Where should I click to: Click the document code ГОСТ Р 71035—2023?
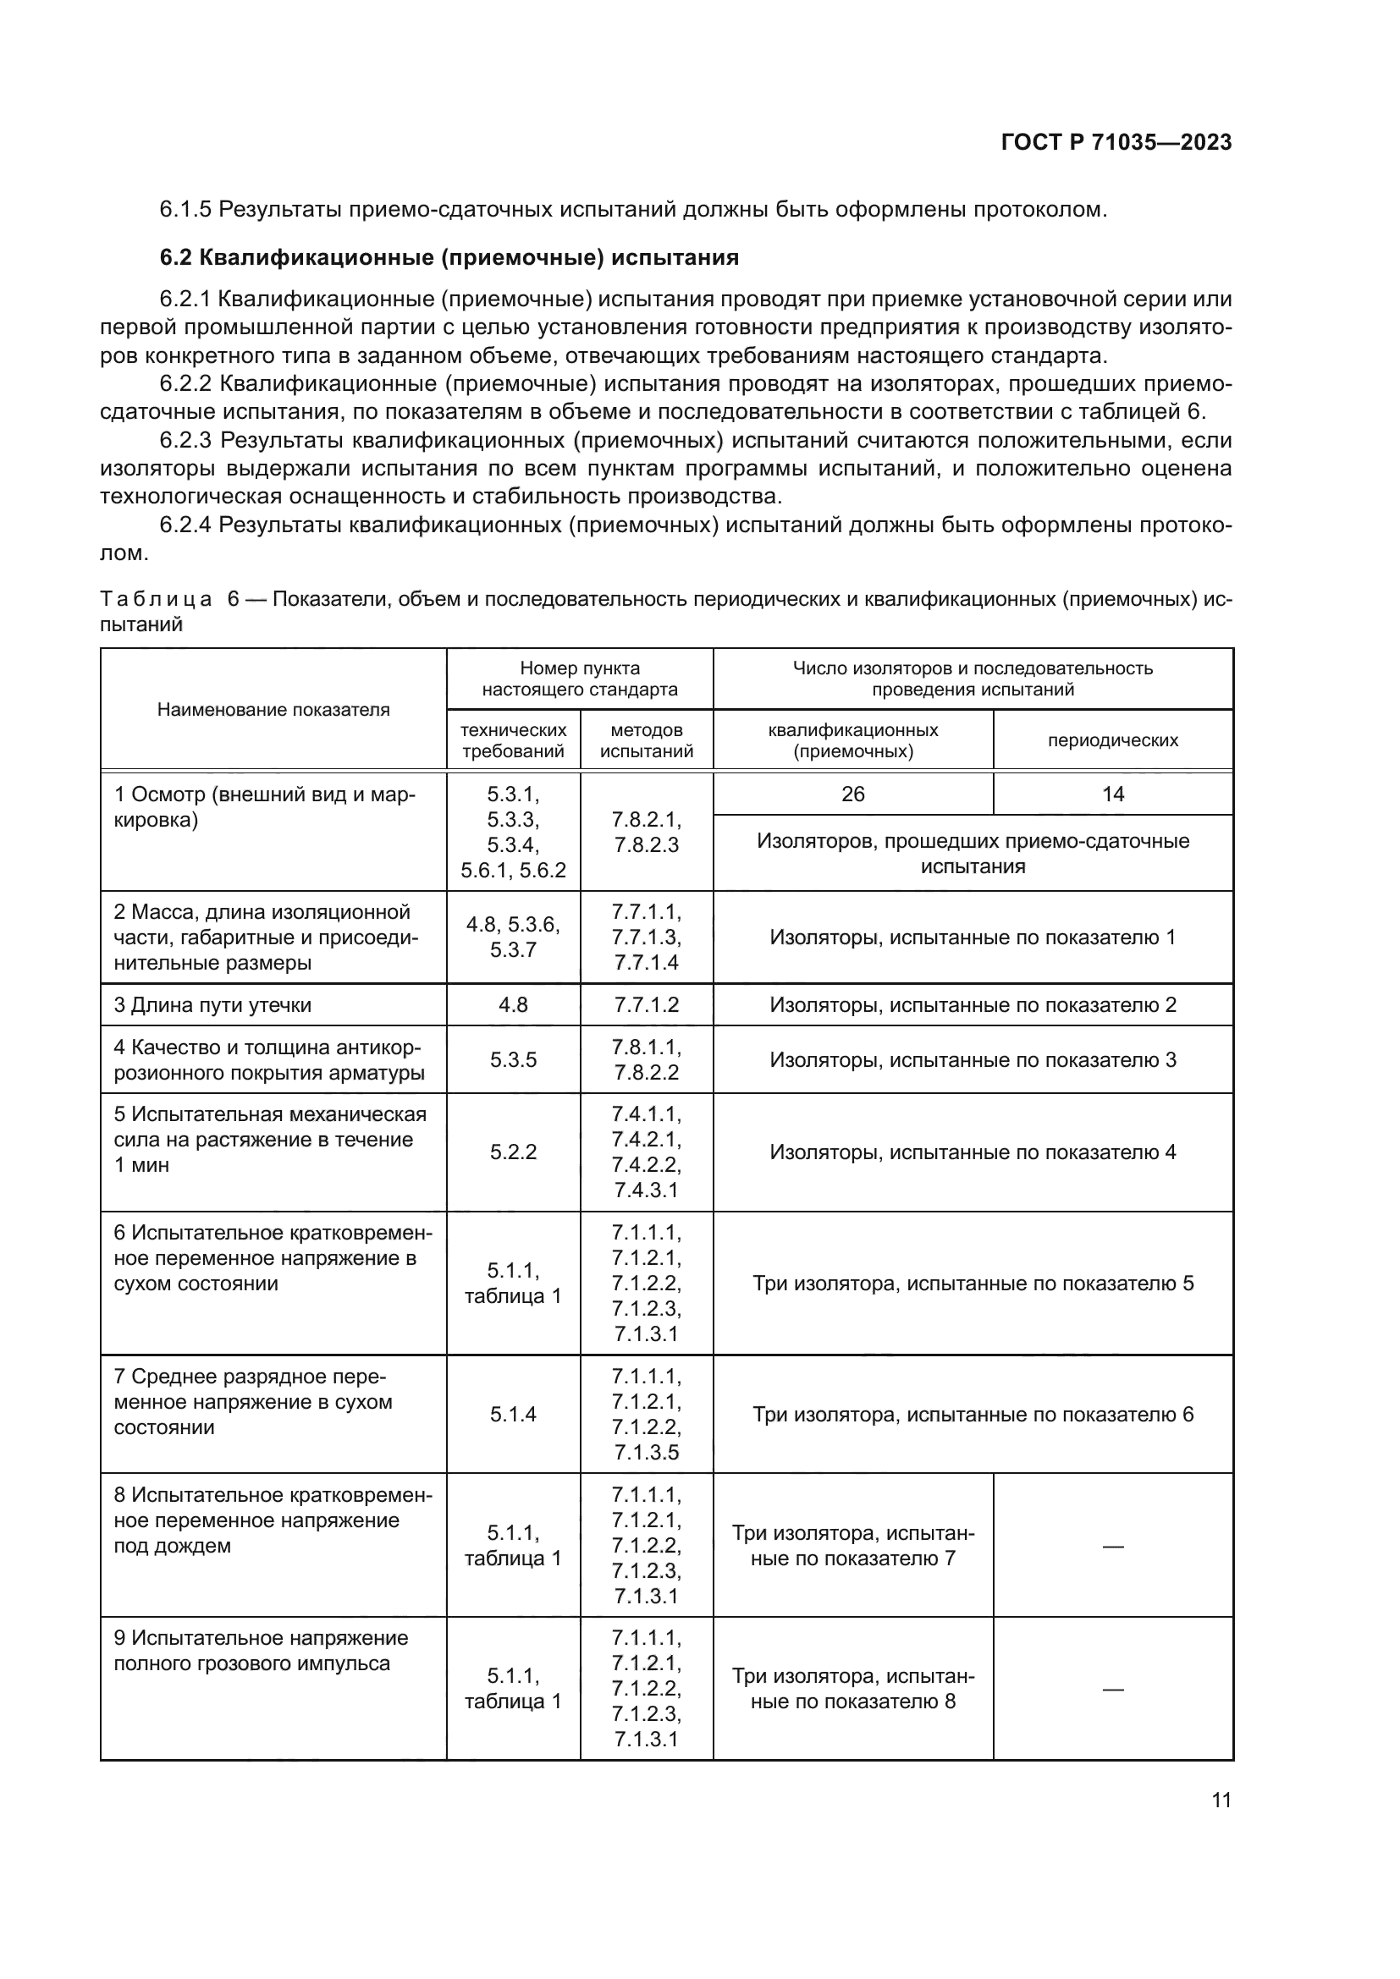[x=1116, y=143]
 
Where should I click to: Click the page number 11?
[x=1221, y=1800]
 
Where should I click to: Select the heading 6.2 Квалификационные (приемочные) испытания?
[x=449, y=258]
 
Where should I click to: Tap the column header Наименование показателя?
[x=273, y=709]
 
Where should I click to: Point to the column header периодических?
[x=1112, y=740]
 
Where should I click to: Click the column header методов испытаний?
[x=647, y=740]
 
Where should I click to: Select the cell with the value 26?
[x=852, y=794]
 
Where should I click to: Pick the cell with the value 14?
[x=1112, y=794]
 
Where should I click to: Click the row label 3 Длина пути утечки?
[x=213, y=1005]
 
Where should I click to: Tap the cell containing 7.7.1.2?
[x=647, y=1005]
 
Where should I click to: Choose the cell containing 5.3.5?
[x=513, y=1060]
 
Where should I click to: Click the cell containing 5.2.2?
[x=513, y=1152]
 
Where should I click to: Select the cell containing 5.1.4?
[x=513, y=1415]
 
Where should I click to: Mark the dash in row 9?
[x=1112, y=1690]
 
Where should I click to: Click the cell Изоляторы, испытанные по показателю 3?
[x=973, y=1060]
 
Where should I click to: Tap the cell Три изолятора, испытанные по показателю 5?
[x=973, y=1284]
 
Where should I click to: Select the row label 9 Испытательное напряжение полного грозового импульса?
[x=262, y=1651]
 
